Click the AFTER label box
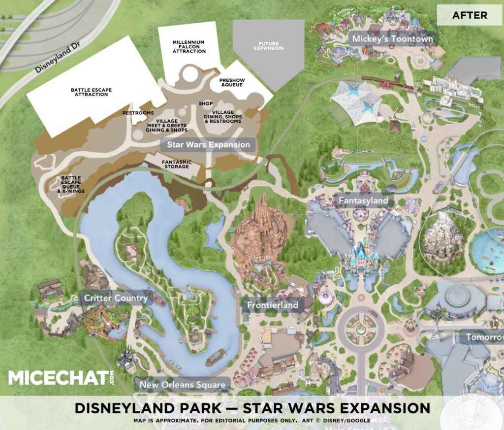470,15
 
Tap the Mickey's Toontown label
392,38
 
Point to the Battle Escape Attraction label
91,92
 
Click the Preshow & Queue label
232,82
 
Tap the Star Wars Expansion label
208,144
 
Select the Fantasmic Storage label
176,164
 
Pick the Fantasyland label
363,200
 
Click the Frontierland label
273,305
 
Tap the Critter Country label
116,298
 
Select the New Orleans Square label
182,385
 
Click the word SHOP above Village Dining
205,104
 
